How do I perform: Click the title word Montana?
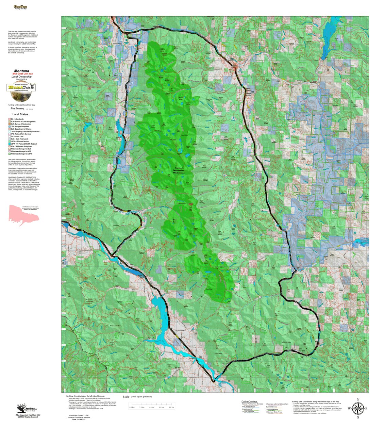tap(21, 71)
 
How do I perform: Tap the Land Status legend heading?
tap(20, 114)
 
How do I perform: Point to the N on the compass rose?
tap(357, 400)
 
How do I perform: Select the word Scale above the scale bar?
tap(126, 397)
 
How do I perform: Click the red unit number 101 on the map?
tap(89, 88)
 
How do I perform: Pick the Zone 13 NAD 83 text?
tap(79, 419)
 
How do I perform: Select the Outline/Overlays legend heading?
tap(249, 401)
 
